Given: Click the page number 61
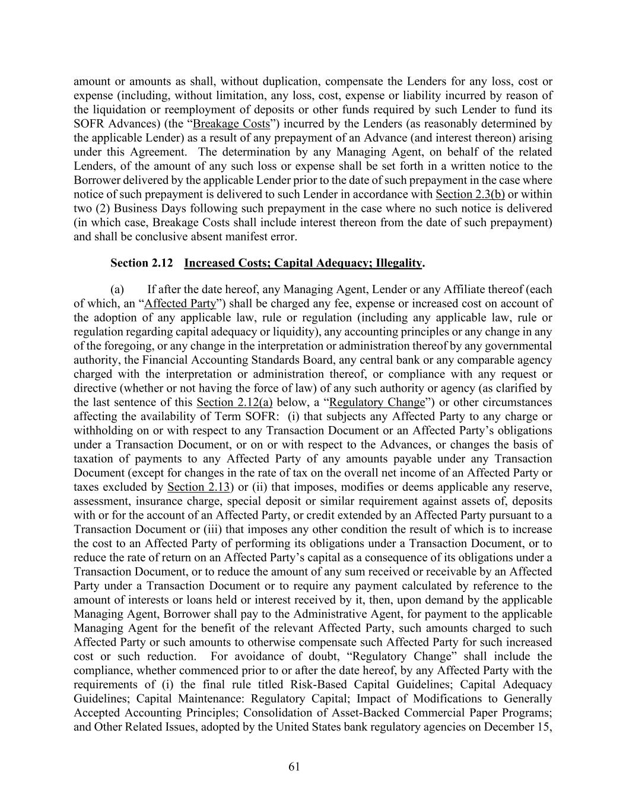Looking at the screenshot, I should click(x=294, y=767).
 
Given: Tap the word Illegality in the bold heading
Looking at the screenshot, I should click(x=398, y=263).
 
